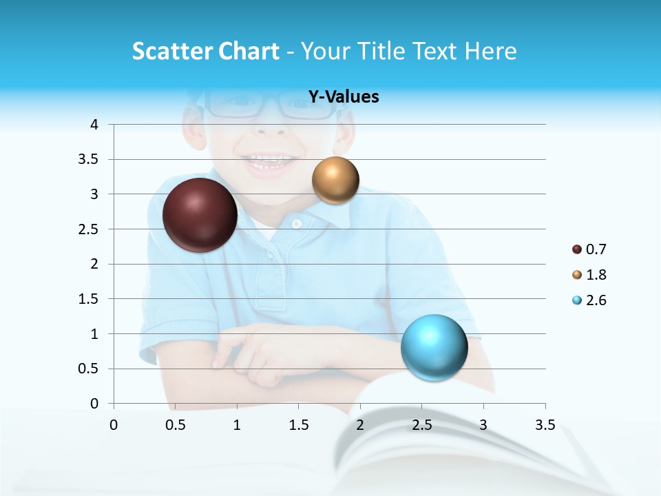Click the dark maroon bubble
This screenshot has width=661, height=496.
tap(200, 215)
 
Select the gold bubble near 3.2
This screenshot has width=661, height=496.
tap(335, 180)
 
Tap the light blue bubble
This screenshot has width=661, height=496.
tap(434, 347)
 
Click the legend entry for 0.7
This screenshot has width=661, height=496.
tap(589, 249)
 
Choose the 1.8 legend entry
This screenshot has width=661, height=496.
tap(589, 275)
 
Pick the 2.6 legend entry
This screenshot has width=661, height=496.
tap(589, 300)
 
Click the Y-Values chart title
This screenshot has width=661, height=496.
tap(343, 96)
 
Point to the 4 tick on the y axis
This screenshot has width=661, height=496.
tap(94, 125)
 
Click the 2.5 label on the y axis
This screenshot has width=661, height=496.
tap(90, 229)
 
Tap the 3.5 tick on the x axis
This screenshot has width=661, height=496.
tap(545, 425)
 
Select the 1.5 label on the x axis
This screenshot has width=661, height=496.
tap(298, 425)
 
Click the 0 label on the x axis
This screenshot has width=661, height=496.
tap(114, 425)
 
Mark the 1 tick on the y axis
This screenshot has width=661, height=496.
tap(94, 334)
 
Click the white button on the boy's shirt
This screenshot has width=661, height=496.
tap(297, 224)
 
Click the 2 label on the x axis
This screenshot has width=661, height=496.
tap(359, 425)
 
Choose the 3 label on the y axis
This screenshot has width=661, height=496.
tap(94, 194)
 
